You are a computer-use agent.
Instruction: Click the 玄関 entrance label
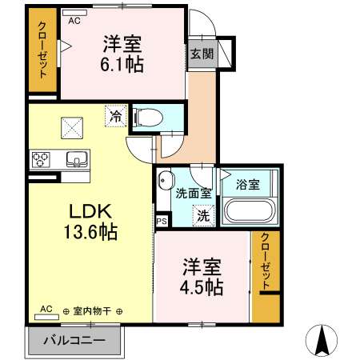pos(202,54)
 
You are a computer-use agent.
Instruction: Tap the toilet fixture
pos(147,118)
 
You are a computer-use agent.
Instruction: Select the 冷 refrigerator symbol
pos(115,117)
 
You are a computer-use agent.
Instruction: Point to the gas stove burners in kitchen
pos(40,159)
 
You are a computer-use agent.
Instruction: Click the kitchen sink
pos(76,158)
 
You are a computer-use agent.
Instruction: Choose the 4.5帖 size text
pos(202,287)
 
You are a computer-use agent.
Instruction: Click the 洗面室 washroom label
pos(193,193)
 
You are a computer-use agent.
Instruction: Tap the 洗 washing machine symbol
pos(203,215)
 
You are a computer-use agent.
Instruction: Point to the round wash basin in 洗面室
pos(166,180)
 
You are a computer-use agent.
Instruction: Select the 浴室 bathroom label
pos(247,185)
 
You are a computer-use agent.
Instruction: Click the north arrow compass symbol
pos(322,341)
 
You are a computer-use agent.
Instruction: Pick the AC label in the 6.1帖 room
pos(74,22)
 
